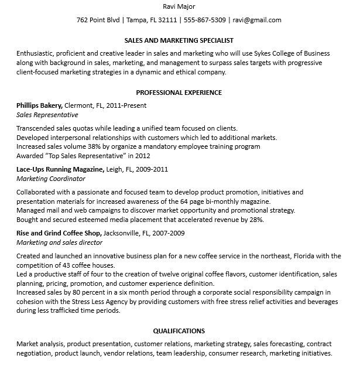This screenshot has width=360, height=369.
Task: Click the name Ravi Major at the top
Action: point(179,6)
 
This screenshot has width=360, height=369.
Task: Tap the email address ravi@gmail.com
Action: point(257,20)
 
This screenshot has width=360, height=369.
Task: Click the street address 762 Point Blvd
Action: point(98,20)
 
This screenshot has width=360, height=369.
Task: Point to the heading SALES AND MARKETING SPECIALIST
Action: point(179,40)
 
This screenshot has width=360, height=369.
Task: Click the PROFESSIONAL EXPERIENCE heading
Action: point(179,93)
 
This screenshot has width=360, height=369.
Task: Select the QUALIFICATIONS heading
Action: point(179,331)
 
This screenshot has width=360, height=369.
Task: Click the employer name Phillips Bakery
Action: point(39,105)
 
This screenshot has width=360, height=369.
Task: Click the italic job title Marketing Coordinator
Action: point(51,179)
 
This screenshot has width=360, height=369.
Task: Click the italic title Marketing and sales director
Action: point(59,242)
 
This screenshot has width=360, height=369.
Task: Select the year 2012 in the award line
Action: point(143,156)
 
